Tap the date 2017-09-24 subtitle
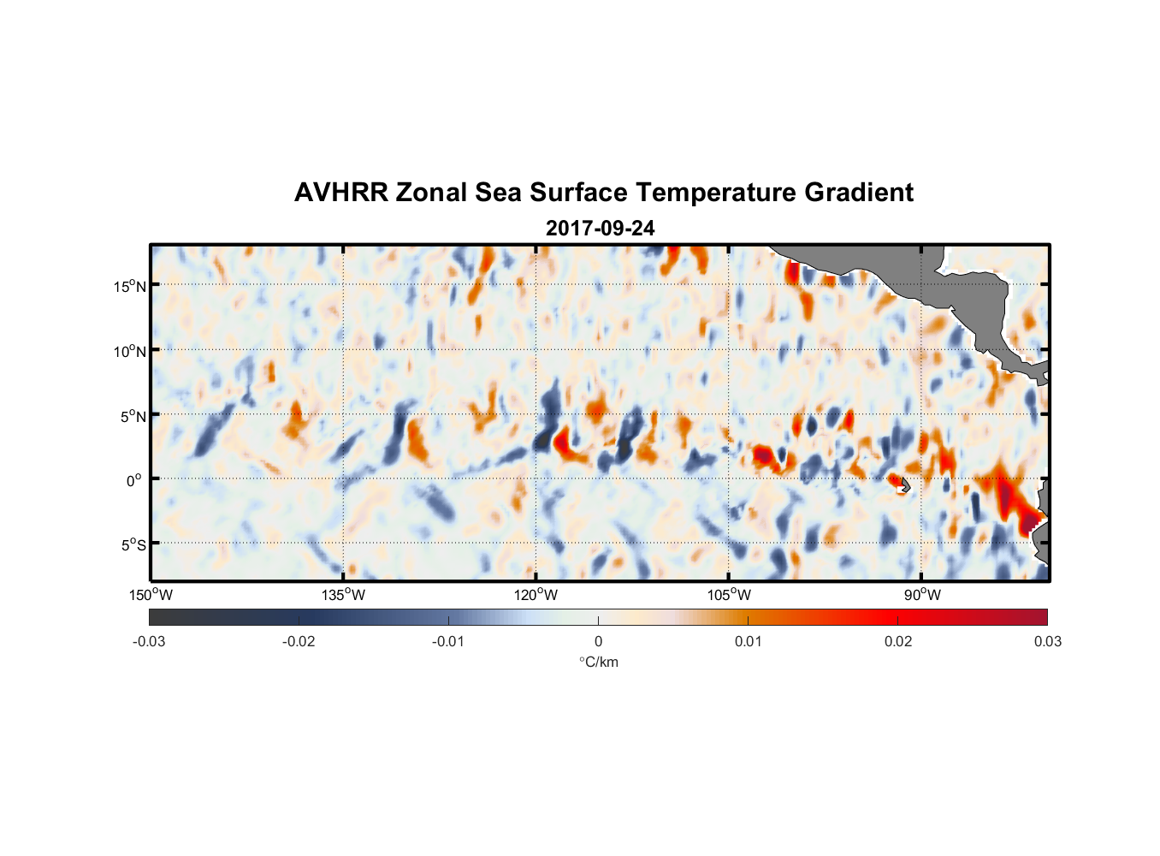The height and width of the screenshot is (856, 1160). click(600, 229)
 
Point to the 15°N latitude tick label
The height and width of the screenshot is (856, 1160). click(129, 286)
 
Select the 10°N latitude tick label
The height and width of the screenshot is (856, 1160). click(129, 351)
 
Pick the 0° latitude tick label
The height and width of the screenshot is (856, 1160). click(134, 480)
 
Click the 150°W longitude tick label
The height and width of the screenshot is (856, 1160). click(151, 595)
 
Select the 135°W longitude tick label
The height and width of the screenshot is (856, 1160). click(344, 595)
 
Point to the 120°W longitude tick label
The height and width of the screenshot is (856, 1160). click(536, 595)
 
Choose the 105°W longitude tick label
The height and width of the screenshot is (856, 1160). click(729, 595)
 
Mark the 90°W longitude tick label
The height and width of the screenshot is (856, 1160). click(922, 595)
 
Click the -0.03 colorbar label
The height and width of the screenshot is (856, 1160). click(149, 642)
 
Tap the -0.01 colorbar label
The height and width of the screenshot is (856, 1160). click(448, 642)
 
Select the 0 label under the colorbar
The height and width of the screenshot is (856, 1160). click(598, 642)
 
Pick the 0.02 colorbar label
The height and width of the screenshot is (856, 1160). click(898, 642)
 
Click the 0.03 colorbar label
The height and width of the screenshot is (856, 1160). click(1047, 642)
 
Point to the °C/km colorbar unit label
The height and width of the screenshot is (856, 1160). click(599, 662)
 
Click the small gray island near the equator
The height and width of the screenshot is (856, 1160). click(904, 485)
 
